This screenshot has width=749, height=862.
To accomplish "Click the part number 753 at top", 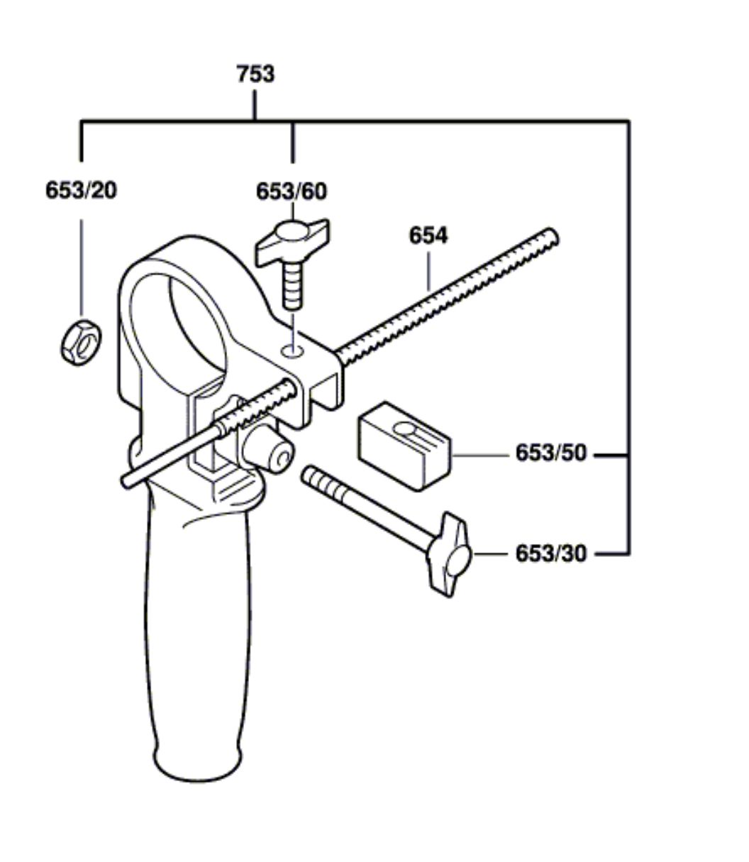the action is click(255, 74).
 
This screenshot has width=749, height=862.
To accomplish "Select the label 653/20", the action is click(81, 190).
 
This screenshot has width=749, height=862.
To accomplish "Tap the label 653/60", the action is click(292, 192).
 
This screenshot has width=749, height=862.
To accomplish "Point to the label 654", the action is click(428, 236).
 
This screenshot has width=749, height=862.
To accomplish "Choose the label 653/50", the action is click(551, 453).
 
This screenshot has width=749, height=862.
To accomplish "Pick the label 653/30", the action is click(551, 553).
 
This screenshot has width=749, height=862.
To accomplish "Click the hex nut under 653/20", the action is click(80, 343).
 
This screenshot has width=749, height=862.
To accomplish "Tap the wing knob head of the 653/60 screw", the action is click(292, 241).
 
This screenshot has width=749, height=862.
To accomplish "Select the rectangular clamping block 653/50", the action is click(404, 446).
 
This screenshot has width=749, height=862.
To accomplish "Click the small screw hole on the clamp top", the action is click(293, 350).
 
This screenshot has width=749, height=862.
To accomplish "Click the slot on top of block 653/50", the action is click(405, 429).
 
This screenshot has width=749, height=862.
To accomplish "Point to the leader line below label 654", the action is click(428, 271).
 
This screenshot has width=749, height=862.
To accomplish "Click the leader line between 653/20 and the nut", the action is click(81, 267).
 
